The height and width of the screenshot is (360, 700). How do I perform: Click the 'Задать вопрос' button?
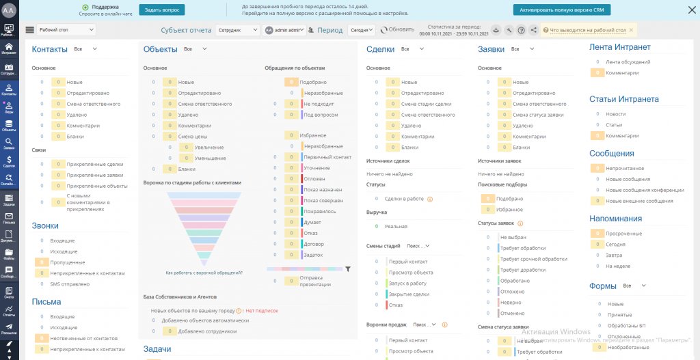point(161,10)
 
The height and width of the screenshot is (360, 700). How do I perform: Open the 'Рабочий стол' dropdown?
point(65,30)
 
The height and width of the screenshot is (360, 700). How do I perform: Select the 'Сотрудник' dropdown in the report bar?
point(237,30)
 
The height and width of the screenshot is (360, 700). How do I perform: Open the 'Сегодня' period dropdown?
point(362,30)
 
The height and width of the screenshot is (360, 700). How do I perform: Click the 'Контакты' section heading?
point(50,49)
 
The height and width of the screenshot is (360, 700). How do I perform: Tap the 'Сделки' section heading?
point(380,49)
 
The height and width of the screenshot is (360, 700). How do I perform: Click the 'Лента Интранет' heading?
point(619,47)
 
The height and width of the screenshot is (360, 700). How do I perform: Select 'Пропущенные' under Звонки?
point(67,262)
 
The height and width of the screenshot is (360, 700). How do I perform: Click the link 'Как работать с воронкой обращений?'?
point(204,273)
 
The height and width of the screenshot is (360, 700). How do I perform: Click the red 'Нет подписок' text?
point(262,310)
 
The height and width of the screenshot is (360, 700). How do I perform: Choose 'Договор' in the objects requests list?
point(314,244)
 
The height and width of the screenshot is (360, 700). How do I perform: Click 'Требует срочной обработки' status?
point(533,259)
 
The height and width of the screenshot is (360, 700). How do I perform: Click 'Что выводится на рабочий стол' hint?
point(587,30)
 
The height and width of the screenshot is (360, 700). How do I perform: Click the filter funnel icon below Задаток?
point(347,269)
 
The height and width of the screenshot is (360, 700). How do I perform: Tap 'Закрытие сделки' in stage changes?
point(408,294)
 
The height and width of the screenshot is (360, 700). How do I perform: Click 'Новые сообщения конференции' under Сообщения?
point(645,190)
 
